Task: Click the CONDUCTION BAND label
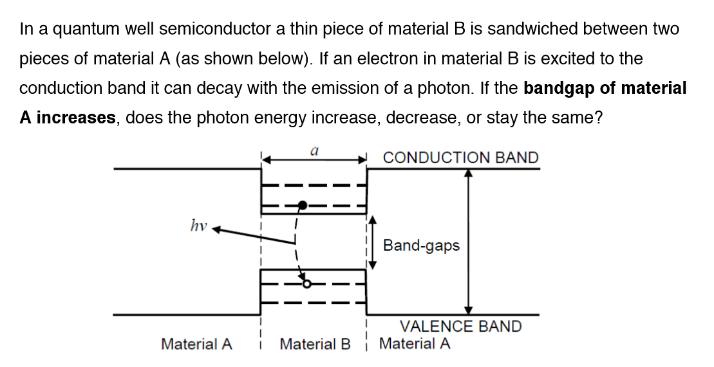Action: click(x=460, y=158)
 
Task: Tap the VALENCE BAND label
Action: click(x=460, y=327)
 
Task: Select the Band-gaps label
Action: click(x=421, y=246)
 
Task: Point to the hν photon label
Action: click(x=198, y=225)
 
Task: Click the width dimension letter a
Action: click(x=314, y=150)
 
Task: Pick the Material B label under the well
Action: click(x=315, y=345)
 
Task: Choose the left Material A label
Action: click(x=196, y=345)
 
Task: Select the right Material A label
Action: click(x=415, y=344)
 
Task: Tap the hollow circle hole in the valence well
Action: click(x=307, y=283)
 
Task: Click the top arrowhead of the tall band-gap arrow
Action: click(x=469, y=173)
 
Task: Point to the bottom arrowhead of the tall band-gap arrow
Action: click(x=469, y=310)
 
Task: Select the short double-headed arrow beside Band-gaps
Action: click(x=371, y=245)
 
